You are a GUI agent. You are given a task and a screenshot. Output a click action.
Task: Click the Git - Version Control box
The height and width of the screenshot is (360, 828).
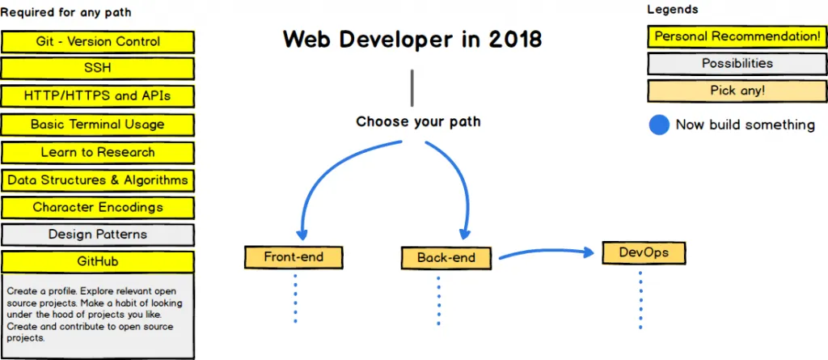[x=98, y=41]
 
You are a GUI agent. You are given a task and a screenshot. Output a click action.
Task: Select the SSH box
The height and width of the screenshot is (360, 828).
[x=98, y=68]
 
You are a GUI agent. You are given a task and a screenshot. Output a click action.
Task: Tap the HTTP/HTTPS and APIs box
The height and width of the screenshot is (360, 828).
[x=98, y=96]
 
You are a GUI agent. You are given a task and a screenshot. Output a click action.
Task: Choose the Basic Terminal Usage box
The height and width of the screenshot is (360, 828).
[x=98, y=125]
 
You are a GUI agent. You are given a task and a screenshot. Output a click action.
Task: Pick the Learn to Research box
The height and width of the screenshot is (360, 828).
[x=98, y=152]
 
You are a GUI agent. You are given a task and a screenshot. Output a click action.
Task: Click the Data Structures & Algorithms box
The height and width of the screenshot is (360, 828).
[x=98, y=180]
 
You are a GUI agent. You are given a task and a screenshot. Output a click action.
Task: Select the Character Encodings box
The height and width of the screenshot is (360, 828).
[x=98, y=207]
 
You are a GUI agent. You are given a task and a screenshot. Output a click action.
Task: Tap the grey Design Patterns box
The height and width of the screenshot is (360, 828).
[x=98, y=235]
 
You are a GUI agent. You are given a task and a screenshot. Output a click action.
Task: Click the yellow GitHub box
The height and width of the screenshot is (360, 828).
[x=98, y=262]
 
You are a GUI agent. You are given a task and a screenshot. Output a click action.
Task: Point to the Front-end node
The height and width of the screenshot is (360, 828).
[x=294, y=258]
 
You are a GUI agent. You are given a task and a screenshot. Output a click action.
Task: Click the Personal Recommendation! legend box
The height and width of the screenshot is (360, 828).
[x=737, y=36]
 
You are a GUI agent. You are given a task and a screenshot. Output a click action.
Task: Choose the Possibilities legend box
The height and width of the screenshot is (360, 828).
[x=737, y=64]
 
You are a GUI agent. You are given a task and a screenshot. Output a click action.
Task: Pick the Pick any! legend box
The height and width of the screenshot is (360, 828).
[x=737, y=91]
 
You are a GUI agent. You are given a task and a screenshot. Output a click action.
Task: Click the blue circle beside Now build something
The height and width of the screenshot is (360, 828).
[x=660, y=125]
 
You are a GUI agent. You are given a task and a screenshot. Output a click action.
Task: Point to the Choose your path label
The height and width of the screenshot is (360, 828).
[x=418, y=122]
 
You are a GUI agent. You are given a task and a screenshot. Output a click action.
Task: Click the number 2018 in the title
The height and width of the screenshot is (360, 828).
[x=515, y=39]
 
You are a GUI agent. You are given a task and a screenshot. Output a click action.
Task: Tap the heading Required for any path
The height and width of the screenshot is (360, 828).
[x=65, y=13]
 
